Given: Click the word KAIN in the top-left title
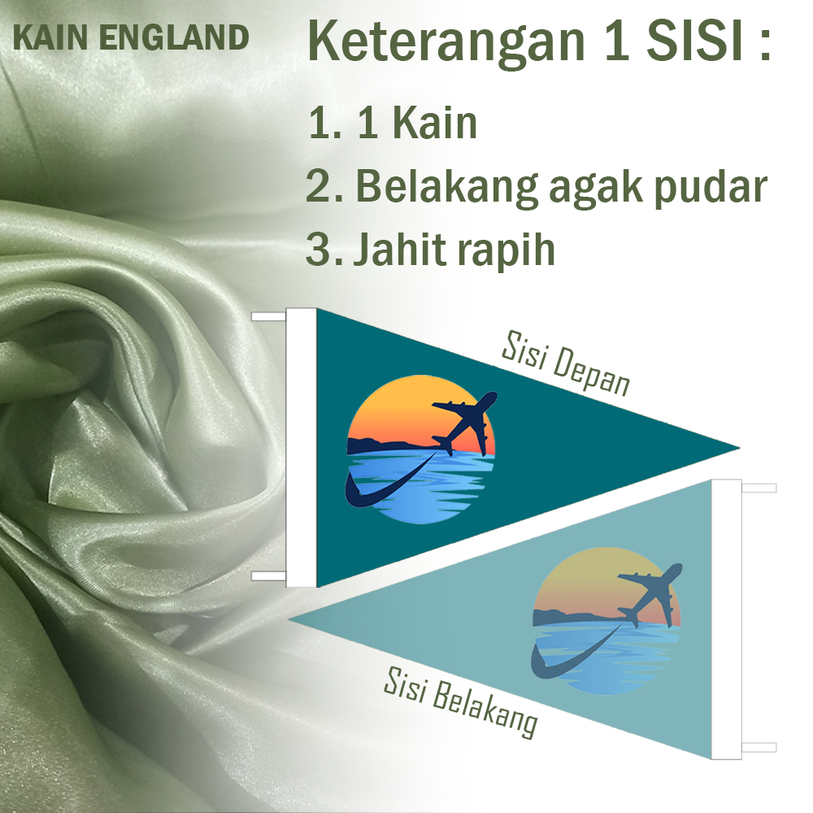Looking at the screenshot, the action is point(50,38).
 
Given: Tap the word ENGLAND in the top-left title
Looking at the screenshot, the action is point(174,38).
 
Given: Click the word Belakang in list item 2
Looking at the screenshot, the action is point(447,187).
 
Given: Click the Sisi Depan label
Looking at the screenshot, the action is point(566,363).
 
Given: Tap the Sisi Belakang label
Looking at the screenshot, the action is point(460,702).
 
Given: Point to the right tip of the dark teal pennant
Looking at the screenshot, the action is point(739,448).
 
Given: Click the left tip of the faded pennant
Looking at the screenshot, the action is point(289,619).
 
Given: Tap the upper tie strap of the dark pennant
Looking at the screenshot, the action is point(268,316).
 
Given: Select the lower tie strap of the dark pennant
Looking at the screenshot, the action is point(268,576).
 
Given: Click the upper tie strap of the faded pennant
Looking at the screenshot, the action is point(759,488).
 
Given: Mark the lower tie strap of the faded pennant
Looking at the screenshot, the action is point(759,747).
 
